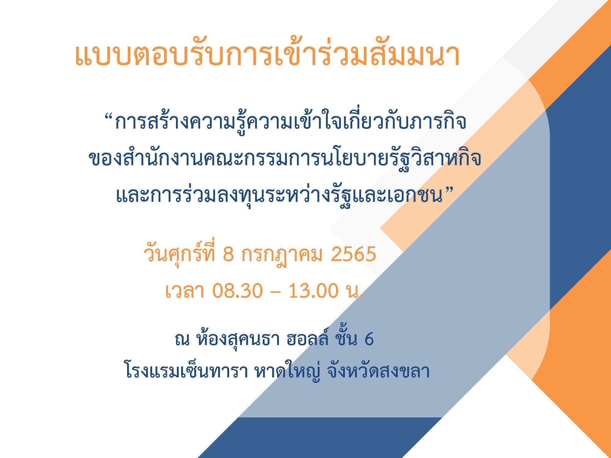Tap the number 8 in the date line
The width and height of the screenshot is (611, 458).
pos(228,254)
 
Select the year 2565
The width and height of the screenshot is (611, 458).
pos(353,254)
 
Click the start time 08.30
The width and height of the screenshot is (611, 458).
pos(237,290)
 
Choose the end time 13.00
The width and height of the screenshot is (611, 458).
pos(313,290)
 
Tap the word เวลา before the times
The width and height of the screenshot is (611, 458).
pos(185,290)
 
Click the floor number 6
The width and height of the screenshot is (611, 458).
pos(369,339)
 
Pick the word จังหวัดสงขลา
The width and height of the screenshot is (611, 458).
pos(378,371)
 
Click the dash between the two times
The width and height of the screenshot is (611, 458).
pos(275,291)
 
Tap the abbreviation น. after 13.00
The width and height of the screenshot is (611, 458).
pos(356,291)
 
